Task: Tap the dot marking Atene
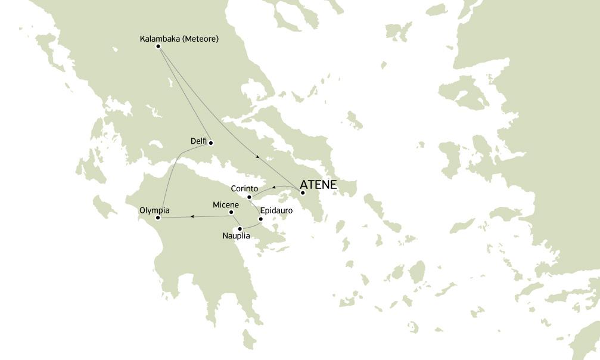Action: pyautogui.click(x=303, y=193)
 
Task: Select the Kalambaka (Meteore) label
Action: pyautogui.click(x=179, y=39)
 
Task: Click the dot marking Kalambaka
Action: pyautogui.click(x=158, y=46)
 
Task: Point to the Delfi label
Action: pyautogui.click(x=198, y=141)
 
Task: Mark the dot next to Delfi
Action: pyautogui.click(x=211, y=143)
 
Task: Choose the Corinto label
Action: pyautogui.click(x=244, y=188)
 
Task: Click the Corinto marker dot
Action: pyautogui.click(x=249, y=197)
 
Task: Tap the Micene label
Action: pyautogui.click(x=226, y=205)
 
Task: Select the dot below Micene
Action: pyautogui.click(x=231, y=212)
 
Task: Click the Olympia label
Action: pyautogui.click(x=154, y=210)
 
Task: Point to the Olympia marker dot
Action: pyautogui.click(x=158, y=218)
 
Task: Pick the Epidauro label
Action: pyautogui.click(x=276, y=210)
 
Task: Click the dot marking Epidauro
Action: pyautogui.click(x=261, y=219)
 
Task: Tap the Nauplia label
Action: pyautogui.click(x=236, y=236)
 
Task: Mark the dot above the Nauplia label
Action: pyautogui.click(x=240, y=229)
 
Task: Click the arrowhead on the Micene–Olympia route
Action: pyautogui.click(x=191, y=216)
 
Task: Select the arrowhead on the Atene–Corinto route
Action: pyautogui.click(x=273, y=187)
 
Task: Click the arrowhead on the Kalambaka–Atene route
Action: pyautogui.click(x=257, y=157)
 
